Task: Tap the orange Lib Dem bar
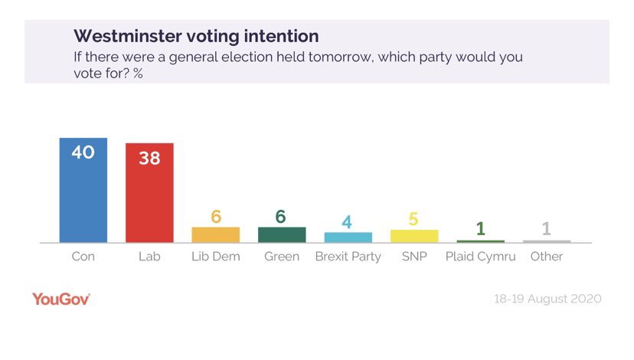[215, 234]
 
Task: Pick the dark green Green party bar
[282, 234]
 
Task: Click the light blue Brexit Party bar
[348, 237]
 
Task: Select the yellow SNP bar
[414, 236]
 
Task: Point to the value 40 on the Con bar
[83, 152]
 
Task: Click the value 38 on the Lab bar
[149, 158]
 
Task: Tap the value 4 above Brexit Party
[348, 221]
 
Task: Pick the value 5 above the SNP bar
[414, 219]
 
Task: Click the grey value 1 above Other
[547, 228]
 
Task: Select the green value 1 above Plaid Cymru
[480, 228]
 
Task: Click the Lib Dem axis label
[215, 257]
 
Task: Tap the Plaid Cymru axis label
[480, 257]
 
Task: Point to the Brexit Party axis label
[348, 257]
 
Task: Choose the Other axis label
[547, 257]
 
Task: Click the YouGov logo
[61, 299]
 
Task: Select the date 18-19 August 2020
[547, 299]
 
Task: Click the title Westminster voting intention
[196, 36]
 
